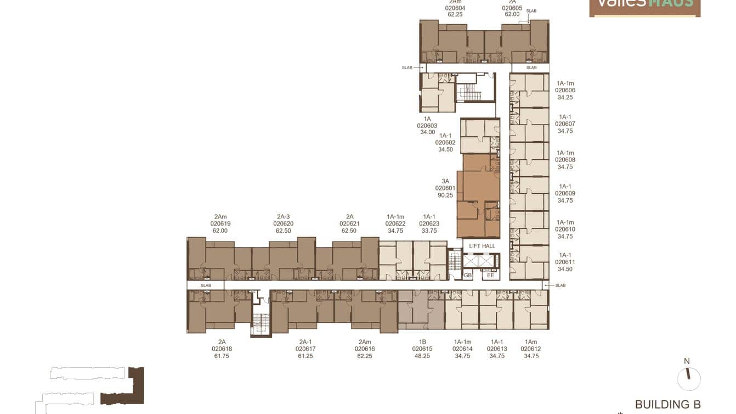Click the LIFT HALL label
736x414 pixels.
482,246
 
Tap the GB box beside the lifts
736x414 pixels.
468,275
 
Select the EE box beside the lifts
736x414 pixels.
491,275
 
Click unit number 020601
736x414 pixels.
445,188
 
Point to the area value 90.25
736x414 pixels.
445,195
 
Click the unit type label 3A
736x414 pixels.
445,181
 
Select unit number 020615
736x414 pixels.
422,349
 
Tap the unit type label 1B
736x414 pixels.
422,342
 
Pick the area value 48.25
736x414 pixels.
422,356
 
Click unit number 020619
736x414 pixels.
220,223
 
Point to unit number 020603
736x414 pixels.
427,125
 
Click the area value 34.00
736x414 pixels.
427,132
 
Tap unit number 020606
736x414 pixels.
565,90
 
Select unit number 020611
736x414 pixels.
565,262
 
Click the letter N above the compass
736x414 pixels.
687,361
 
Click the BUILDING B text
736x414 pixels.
667,405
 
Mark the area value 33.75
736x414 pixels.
429,231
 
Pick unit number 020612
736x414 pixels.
531,349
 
